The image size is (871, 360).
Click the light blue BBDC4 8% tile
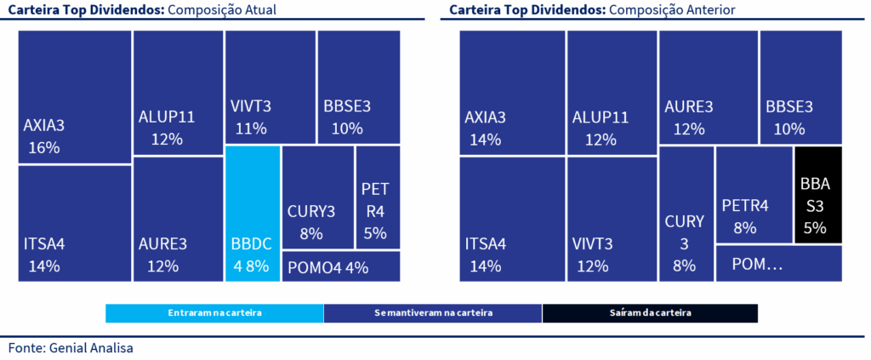coord(253,214)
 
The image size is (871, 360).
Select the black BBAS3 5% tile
coord(818,194)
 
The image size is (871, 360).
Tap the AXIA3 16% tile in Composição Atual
coord(74,97)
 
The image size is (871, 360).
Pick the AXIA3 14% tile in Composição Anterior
coord(512,93)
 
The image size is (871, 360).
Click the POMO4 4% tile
coord(340,266)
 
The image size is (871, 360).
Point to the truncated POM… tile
coord(778,264)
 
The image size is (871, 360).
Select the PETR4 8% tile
coord(754,194)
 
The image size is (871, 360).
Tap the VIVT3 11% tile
coord(269,87)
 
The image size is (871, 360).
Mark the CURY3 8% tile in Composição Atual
coord(317,197)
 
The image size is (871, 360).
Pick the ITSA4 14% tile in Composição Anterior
coord(512,219)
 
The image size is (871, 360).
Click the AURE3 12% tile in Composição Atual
coord(178,219)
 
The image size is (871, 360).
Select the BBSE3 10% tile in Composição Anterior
coord(800,87)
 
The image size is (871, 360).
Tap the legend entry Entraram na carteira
coord(214,313)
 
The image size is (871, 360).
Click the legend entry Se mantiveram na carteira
coord(432,313)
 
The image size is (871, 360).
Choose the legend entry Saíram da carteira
coord(649,313)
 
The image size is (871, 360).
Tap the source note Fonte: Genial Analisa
coord(71,347)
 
